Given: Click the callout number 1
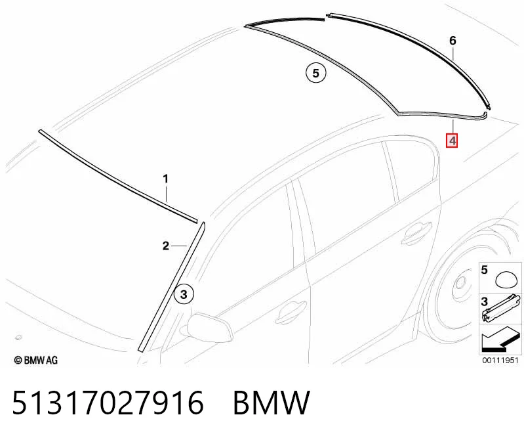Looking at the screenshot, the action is pyautogui.click(x=166, y=179).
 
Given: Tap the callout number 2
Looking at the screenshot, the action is pyautogui.click(x=166, y=246).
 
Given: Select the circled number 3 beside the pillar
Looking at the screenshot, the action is pyautogui.click(x=184, y=294).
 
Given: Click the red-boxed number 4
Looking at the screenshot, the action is pyautogui.click(x=453, y=141).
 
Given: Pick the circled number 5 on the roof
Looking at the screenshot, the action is pyautogui.click(x=316, y=73).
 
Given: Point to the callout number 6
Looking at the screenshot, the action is pyautogui.click(x=453, y=41).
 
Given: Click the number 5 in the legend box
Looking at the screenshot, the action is pyautogui.click(x=485, y=270).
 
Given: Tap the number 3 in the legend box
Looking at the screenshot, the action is pyautogui.click(x=485, y=302).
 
